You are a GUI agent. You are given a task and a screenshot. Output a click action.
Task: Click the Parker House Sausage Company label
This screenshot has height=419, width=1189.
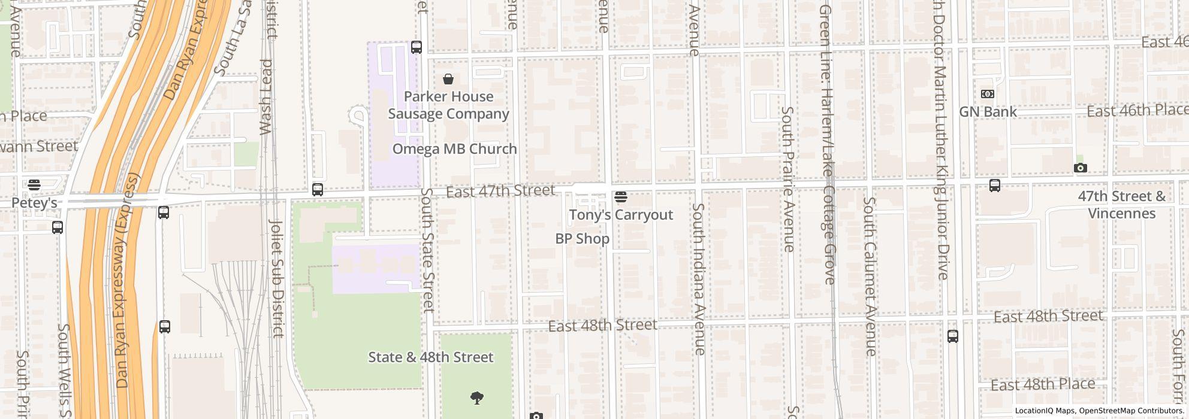(448, 105)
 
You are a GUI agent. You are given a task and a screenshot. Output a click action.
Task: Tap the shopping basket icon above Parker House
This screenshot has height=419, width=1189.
(448, 79)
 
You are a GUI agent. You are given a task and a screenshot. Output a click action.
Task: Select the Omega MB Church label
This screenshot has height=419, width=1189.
(454, 149)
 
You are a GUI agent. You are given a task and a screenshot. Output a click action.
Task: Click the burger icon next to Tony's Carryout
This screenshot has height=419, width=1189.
(621, 196)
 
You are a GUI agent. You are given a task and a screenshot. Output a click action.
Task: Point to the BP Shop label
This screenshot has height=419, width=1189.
(582, 239)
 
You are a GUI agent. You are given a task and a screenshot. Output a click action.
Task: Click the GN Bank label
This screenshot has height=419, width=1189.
(988, 112)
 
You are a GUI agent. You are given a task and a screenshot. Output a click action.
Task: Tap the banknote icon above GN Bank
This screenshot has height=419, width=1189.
(987, 94)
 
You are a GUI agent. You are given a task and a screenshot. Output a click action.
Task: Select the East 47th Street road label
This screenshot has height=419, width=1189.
(500, 191)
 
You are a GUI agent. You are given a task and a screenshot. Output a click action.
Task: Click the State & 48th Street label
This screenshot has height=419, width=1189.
(430, 357)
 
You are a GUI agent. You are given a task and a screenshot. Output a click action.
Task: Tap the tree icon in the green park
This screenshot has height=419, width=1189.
(476, 397)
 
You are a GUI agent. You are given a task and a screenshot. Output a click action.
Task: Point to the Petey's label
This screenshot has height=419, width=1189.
(34, 203)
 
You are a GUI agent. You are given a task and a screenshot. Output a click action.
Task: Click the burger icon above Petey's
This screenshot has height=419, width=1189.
(34, 185)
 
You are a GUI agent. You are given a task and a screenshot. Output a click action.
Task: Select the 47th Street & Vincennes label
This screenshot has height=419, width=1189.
(1121, 205)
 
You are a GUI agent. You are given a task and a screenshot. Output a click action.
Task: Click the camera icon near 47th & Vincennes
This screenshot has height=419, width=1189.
(1080, 168)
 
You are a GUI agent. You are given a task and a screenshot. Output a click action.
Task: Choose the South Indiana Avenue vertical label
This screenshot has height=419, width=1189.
(699, 278)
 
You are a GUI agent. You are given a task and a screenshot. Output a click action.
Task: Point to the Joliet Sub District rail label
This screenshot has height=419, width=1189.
(276, 278)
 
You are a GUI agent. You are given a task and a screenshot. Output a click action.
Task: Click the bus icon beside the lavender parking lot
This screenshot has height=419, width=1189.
(416, 47)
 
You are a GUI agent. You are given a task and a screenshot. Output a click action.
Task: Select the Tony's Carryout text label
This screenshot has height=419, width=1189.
(621, 215)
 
